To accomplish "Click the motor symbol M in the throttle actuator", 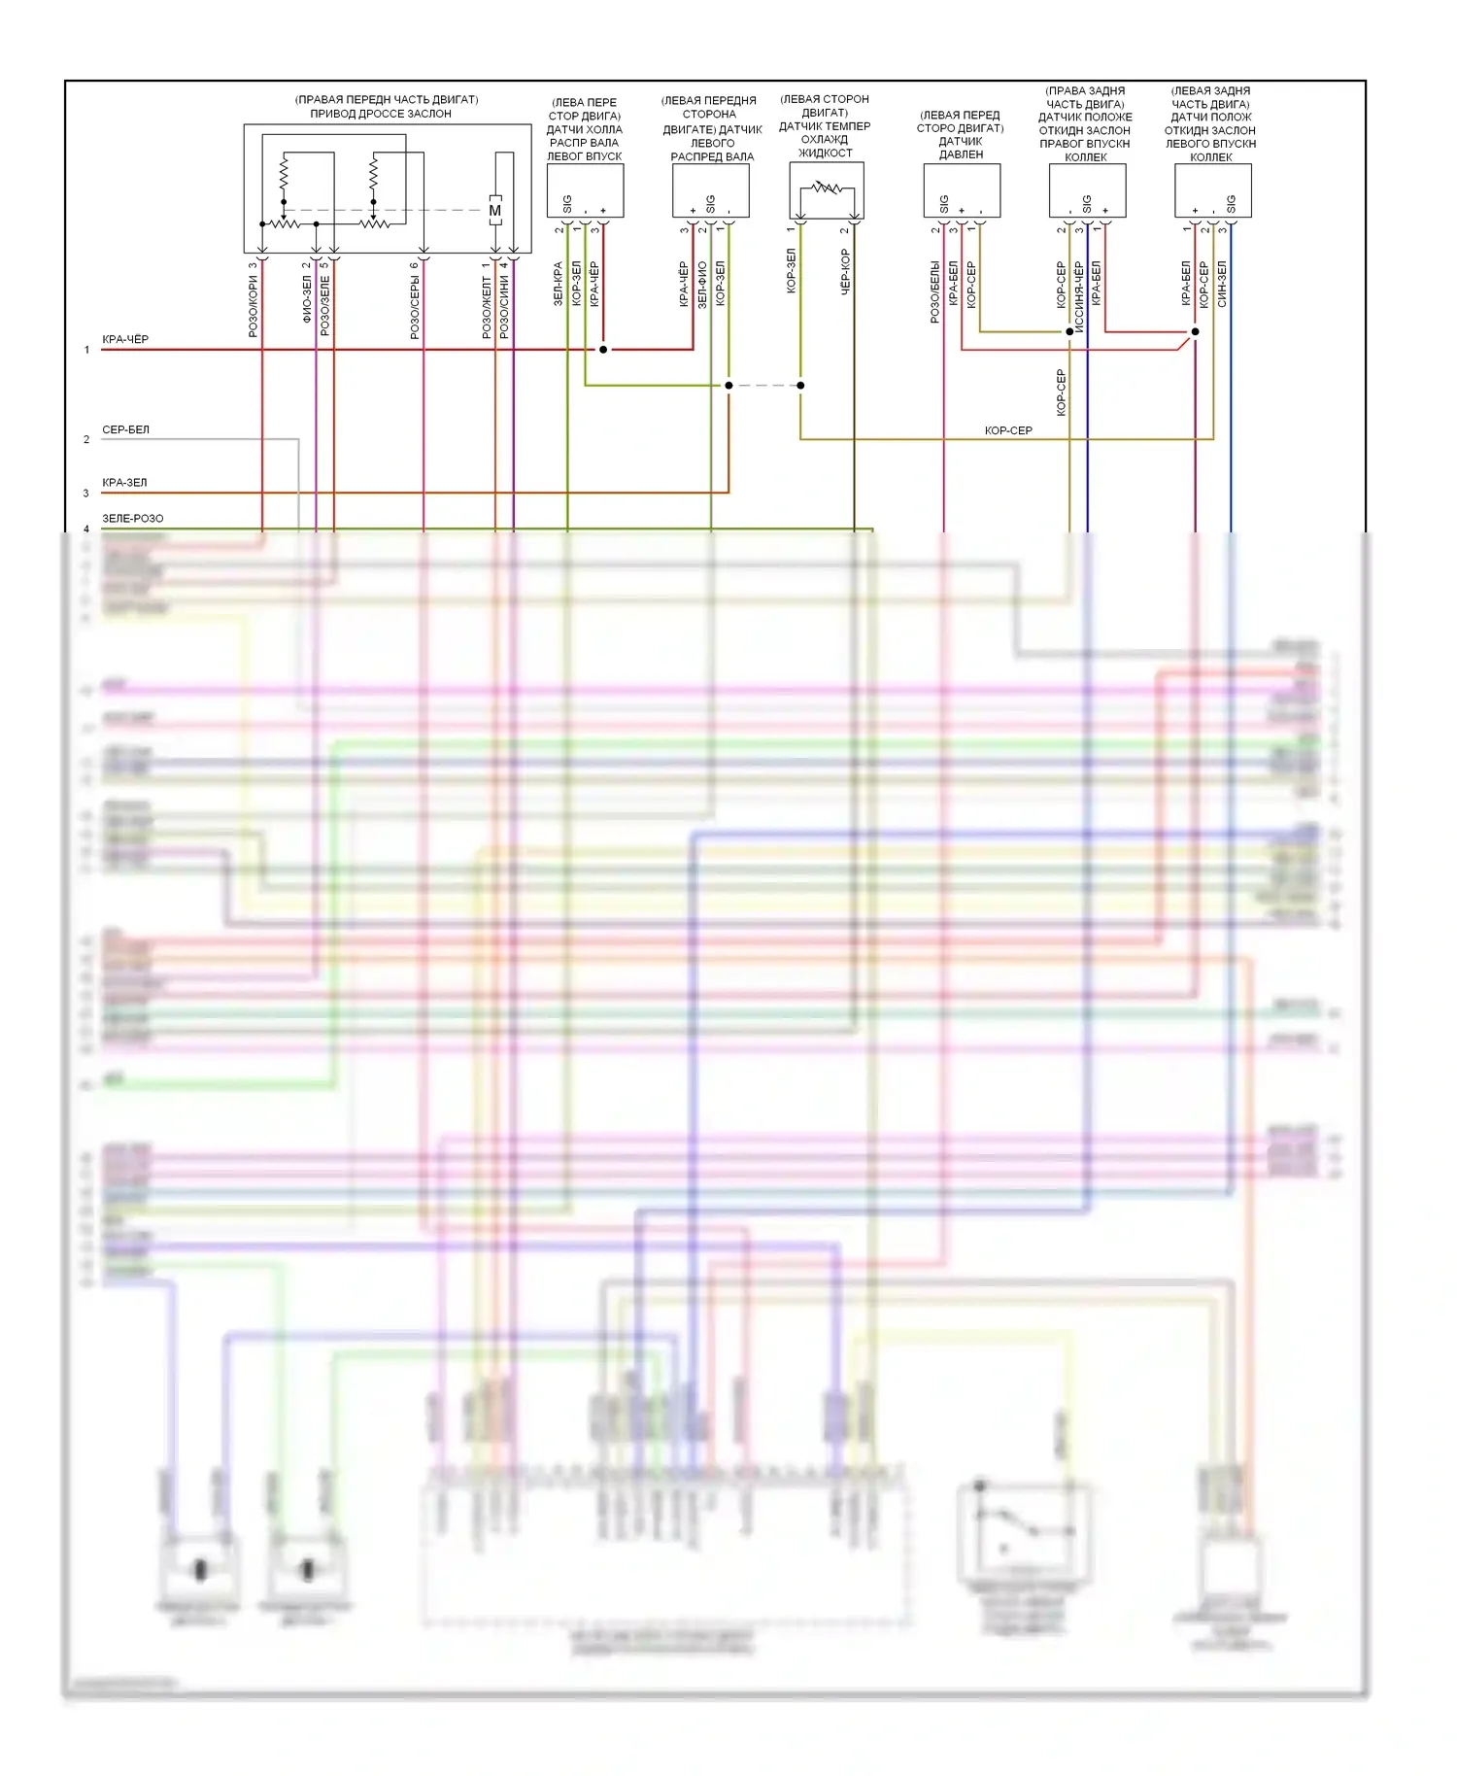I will click(495, 211).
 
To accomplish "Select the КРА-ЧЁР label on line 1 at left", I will click(125, 339).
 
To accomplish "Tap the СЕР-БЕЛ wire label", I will click(125, 429).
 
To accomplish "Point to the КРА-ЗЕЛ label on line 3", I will click(124, 482).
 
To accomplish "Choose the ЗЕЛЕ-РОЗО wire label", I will click(132, 518).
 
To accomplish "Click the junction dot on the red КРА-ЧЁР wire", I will click(603, 349).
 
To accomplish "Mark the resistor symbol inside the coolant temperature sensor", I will click(827, 188).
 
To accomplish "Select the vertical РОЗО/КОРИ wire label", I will click(254, 306).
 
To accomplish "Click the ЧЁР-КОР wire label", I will click(845, 272).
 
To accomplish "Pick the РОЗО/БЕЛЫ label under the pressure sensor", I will click(934, 291).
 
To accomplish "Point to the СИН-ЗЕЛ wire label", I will click(1222, 284).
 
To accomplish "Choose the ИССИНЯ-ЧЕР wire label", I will click(1079, 297).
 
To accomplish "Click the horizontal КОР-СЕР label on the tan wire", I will click(1008, 430).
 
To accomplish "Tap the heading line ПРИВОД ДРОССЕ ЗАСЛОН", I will click(381, 114).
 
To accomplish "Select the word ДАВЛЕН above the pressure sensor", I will click(961, 154).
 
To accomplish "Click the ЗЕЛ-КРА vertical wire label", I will click(559, 284).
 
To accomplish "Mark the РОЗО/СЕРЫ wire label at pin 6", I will click(415, 306).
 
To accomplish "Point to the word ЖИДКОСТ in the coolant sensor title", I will click(825, 153).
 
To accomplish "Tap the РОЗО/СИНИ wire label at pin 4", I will click(504, 306).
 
